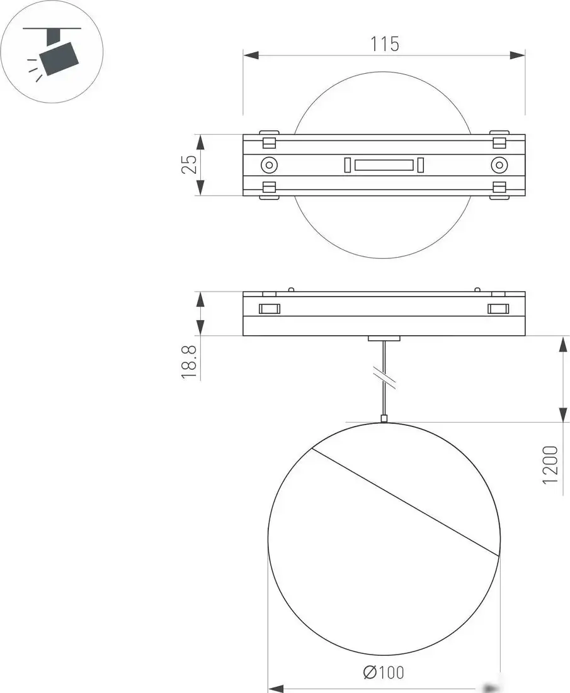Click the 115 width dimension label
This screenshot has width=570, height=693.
pyautogui.click(x=385, y=44)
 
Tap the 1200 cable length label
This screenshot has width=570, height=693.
pyautogui.click(x=550, y=465)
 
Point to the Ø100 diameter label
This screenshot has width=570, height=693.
pyautogui.click(x=384, y=673)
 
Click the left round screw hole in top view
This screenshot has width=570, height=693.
pyautogui.click(x=269, y=165)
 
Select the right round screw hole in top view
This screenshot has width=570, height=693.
pyautogui.click(x=499, y=165)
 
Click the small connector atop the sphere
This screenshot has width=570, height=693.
pyautogui.click(x=384, y=418)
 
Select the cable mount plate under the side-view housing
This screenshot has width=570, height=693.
pyautogui.click(x=384, y=339)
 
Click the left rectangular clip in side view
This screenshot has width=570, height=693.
pyautogui.click(x=269, y=308)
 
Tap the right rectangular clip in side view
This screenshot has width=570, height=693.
pyautogui.click(x=498, y=308)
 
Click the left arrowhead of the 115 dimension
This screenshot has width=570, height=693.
pyautogui.click(x=251, y=56)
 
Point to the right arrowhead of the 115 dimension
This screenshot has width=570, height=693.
pyautogui.click(x=518, y=56)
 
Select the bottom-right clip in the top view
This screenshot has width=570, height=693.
pyautogui.click(x=499, y=190)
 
